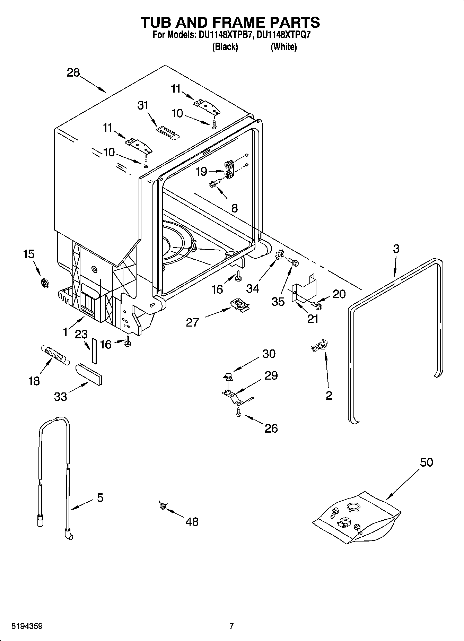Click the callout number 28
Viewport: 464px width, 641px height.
coord(73,73)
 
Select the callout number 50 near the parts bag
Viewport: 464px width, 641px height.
coord(426,462)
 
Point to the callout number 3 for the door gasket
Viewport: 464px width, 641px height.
coord(396,249)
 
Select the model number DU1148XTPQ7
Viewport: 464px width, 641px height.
coord(286,35)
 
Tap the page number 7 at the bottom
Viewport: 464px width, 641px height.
coord(231,626)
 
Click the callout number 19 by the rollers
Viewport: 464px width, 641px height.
coord(201,172)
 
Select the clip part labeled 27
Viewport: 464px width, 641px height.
coord(240,305)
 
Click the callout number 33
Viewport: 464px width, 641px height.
coord(61,397)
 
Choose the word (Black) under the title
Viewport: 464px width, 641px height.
coord(225,47)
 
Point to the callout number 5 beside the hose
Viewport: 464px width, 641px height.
coord(100,498)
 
